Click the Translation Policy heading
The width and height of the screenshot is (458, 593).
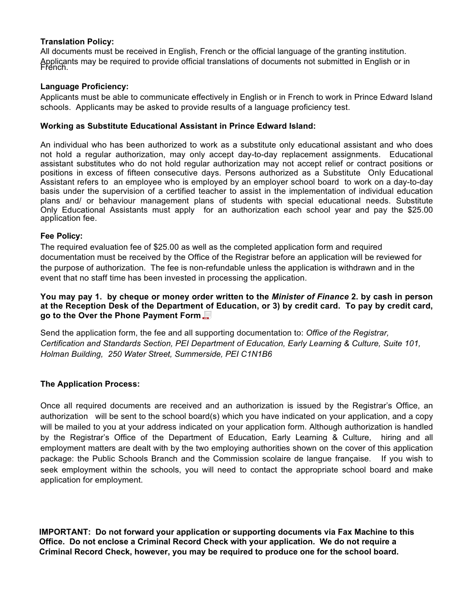(77, 42)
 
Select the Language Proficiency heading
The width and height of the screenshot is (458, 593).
(84, 87)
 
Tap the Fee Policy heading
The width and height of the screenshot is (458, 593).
(62, 236)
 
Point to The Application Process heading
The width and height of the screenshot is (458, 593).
(90, 384)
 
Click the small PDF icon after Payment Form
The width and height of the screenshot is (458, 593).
(206, 316)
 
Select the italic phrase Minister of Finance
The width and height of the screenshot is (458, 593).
(310, 296)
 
